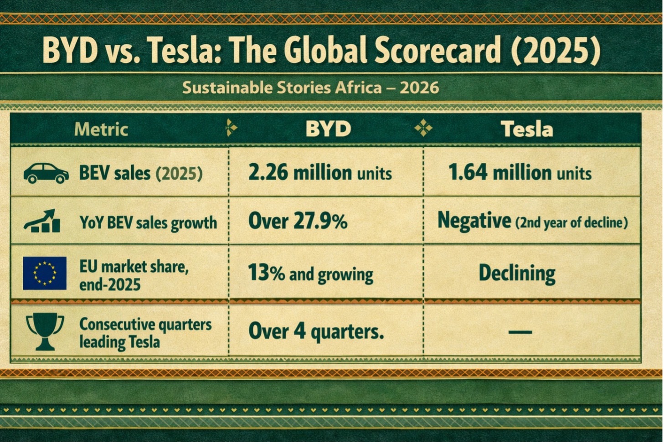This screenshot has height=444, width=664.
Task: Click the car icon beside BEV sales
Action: tap(46, 173)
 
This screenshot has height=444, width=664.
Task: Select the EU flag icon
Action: tap(45, 273)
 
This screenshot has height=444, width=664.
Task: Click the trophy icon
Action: tap(45, 330)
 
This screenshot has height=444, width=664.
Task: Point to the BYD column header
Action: tap(328, 129)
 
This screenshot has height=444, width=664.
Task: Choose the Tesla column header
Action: tap(527, 129)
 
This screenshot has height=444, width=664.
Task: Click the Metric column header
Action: tap(101, 129)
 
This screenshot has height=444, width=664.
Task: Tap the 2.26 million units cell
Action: tap(320, 173)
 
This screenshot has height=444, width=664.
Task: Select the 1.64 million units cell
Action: tap(520, 173)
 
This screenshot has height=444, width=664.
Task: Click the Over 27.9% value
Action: tap(298, 222)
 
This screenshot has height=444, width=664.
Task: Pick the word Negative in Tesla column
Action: tap(474, 221)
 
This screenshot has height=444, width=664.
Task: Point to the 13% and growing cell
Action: tap(310, 274)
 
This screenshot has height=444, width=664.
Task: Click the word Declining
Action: tap(517, 273)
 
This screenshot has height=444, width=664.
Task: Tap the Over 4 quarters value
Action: tap(316, 331)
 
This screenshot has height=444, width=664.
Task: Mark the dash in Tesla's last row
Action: tap(520, 332)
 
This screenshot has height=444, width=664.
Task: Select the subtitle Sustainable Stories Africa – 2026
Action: tap(310, 87)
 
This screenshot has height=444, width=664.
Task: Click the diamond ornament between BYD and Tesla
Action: tap(423, 129)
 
